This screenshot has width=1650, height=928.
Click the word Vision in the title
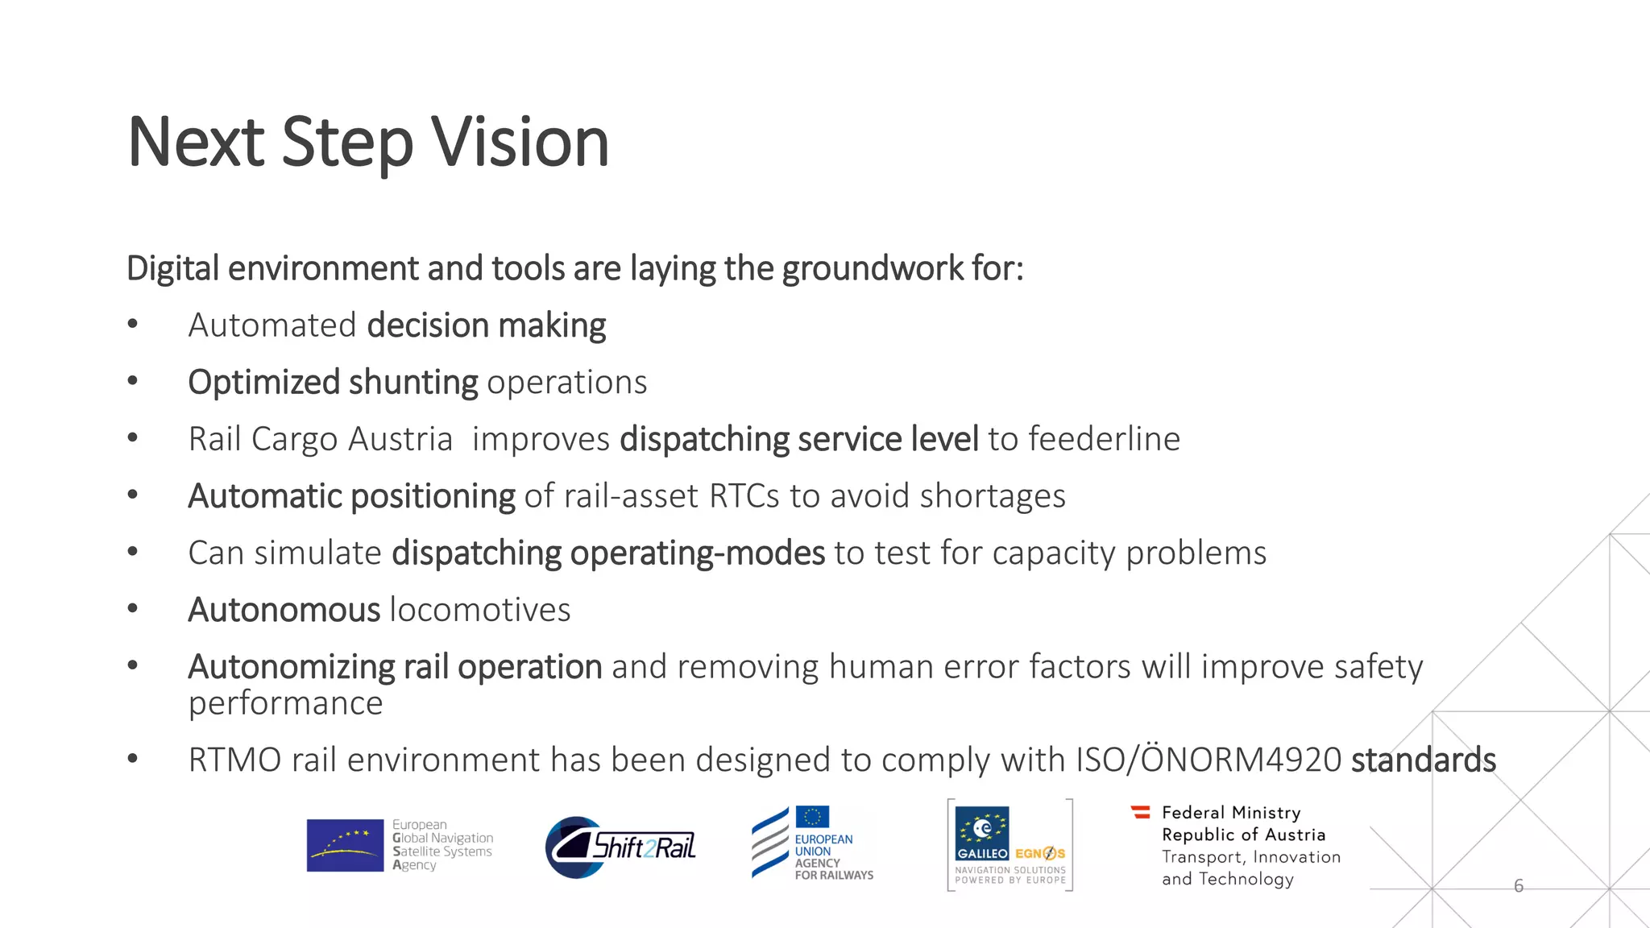520,143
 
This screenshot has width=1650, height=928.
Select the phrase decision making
486,325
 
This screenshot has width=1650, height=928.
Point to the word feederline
1103,439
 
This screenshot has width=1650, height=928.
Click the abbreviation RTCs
744,496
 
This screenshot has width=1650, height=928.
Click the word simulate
317,553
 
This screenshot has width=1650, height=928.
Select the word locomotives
480,610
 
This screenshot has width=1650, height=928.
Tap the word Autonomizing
291,667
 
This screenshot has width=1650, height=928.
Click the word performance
285,703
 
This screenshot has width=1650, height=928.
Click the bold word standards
1423,760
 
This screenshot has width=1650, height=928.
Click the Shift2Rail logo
620,847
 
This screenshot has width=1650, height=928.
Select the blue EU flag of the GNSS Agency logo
345,845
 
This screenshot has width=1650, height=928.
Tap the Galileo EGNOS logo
1010,844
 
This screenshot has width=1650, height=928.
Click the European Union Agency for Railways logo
812,843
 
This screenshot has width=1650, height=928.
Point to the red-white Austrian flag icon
1141,812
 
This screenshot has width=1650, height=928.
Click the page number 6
1519,886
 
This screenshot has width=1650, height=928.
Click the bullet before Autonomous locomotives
133,610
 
